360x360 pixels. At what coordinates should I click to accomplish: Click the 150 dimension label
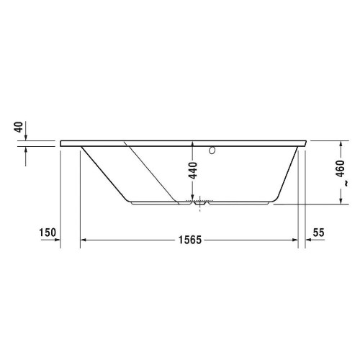coord(48,233)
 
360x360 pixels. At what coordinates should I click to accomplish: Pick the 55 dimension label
coord(320,233)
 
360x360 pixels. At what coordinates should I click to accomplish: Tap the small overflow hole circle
coord(212,152)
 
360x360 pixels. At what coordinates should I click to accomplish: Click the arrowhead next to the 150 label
coord(56,240)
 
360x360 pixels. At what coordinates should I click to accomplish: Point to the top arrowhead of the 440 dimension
coord(193,145)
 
